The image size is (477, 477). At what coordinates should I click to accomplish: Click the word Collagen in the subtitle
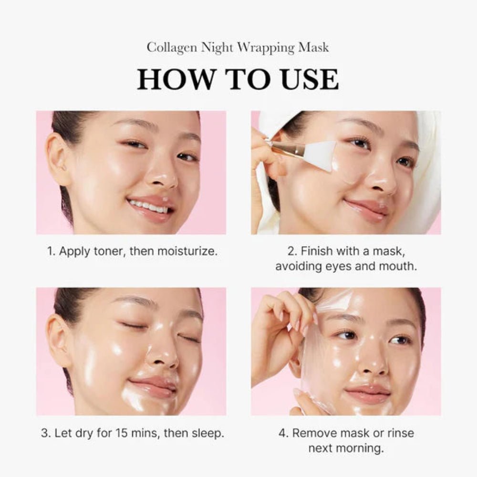point(168,48)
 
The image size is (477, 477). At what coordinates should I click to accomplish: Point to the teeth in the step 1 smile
point(149,207)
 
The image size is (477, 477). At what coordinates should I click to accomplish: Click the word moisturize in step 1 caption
point(189,251)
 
